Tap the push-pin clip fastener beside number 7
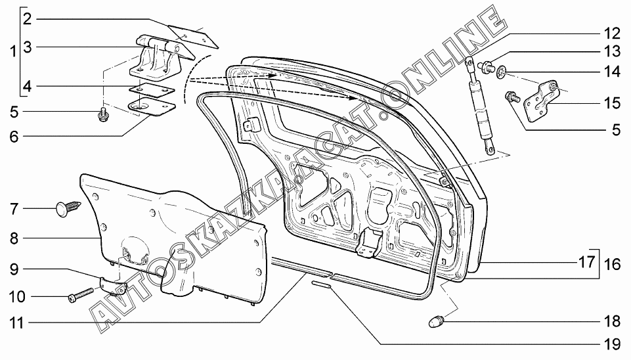pos(66,209)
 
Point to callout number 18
pos(611,321)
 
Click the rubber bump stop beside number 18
pos(436,321)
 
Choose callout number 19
pos(611,344)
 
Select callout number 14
pos(611,71)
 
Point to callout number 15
pos(611,102)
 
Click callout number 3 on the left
pos(28,47)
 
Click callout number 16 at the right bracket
pos(611,265)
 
